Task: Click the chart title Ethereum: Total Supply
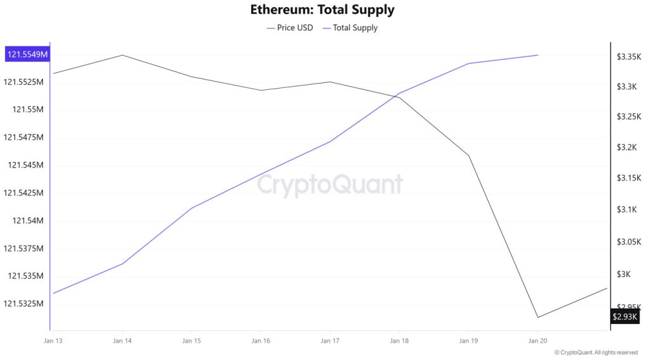[x=322, y=10]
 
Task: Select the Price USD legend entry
[x=290, y=28]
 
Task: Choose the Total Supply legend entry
[x=350, y=28]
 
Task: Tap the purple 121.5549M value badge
[x=27, y=54]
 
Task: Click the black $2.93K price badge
[x=625, y=316]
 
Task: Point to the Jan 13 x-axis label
[x=53, y=341]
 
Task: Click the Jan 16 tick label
[x=261, y=341]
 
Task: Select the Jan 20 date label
[x=538, y=341]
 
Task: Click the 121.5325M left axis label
[x=25, y=304]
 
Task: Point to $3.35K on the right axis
[x=629, y=57]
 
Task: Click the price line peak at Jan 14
[x=122, y=55]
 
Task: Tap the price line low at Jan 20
[x=538, y=317]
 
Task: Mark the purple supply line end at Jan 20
[x=538, y=55]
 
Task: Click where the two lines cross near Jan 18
[x=396, y=96]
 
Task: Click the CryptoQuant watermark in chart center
[x=330, y=185]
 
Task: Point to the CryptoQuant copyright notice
[x=595, y=352]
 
